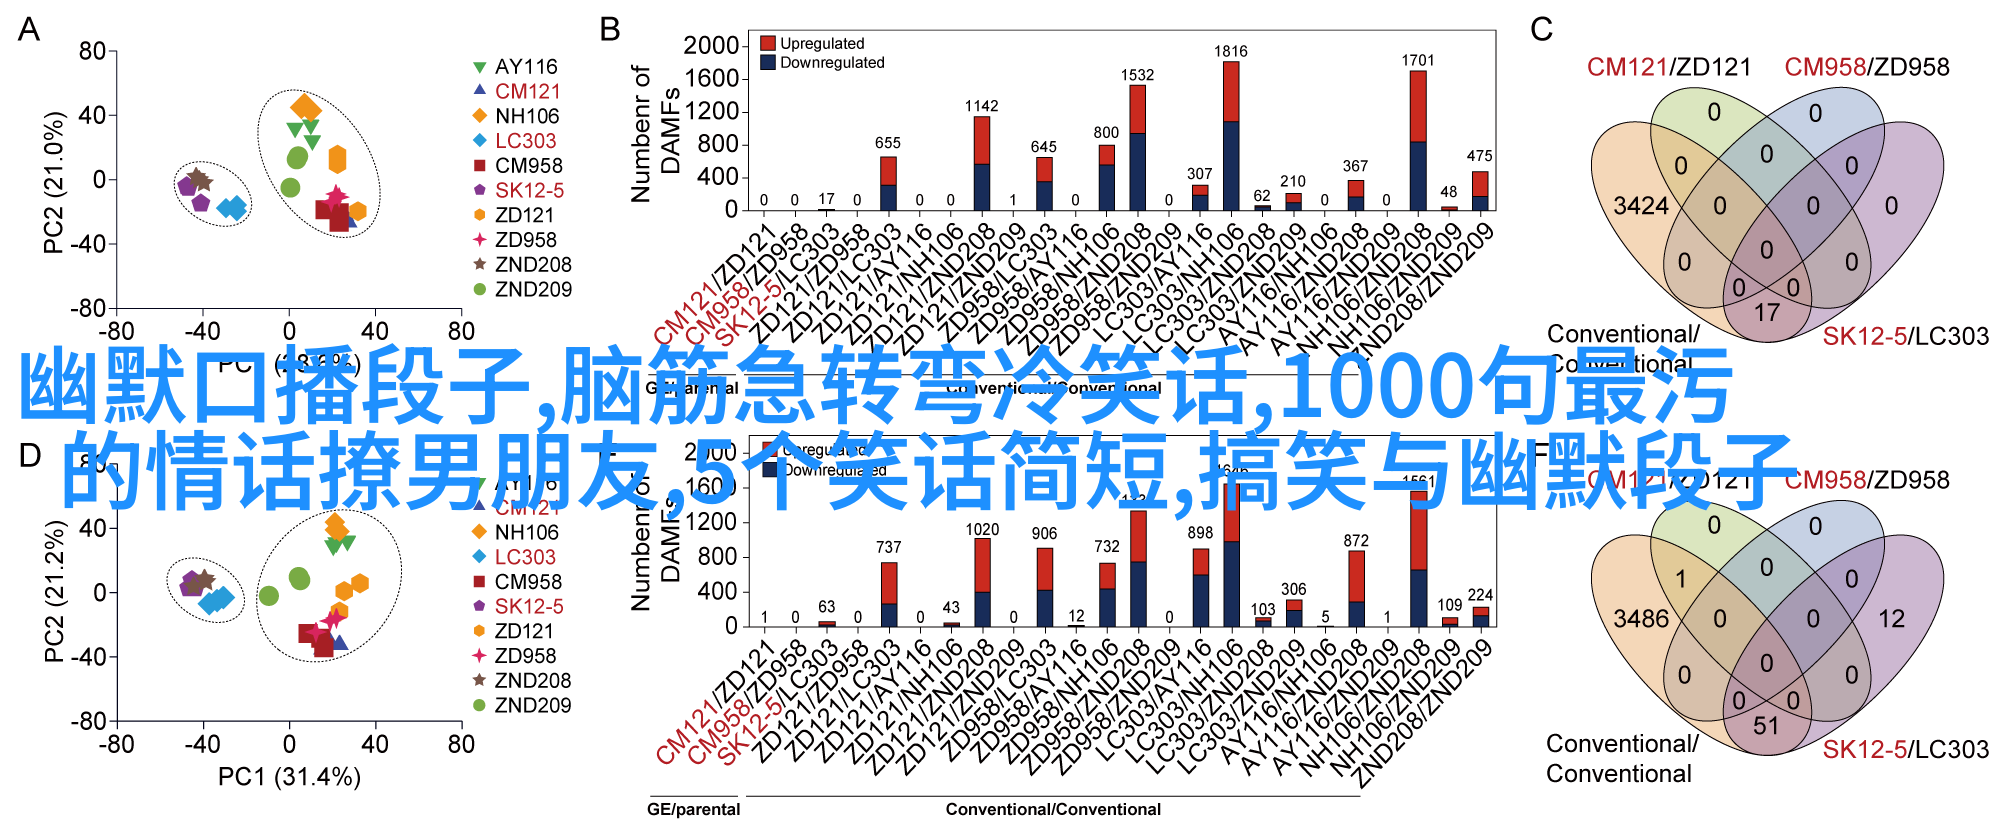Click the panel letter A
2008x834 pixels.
pos(29,30)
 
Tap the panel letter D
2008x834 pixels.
pos(30,456)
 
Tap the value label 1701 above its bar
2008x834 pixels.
pos(1417,60)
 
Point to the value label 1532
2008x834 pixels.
pos(1137,75)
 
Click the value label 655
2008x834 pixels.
pos(888,143)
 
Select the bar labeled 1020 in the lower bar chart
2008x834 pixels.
pos(982,582)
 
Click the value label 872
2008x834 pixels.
pos(1356,540)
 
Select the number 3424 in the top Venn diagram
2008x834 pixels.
pos(1641,206)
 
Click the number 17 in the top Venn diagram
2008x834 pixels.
pos(1766,312)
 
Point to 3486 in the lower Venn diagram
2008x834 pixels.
pos(1641,619)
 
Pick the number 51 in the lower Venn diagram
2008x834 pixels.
pos(1766,725)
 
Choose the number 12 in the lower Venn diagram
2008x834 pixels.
pos(1891,619)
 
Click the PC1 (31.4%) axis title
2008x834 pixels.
pos(289,777)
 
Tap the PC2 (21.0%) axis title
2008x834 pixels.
pos(54,181)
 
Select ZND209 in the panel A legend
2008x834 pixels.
pos(533,289)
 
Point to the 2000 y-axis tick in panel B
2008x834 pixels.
pos(710,45)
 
